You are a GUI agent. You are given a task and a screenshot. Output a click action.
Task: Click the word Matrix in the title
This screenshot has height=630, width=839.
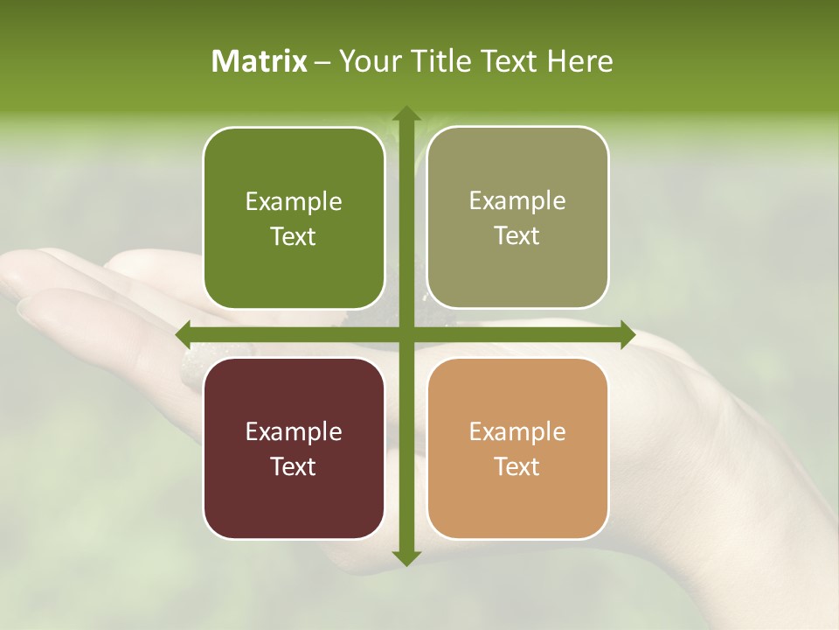[260, 61]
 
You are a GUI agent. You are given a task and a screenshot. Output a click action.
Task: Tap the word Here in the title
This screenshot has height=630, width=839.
[580, 61]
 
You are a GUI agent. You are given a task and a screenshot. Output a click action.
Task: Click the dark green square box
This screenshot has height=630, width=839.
[294, 219]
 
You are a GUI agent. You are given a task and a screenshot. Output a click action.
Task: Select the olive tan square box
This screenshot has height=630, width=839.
[517, 218]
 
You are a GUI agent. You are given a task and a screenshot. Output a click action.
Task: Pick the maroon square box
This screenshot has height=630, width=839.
[294, 448]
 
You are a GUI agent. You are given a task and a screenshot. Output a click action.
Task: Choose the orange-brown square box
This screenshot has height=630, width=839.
[517, 448]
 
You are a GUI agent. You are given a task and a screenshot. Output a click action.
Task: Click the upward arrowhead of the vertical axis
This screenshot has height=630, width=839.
[406, 115]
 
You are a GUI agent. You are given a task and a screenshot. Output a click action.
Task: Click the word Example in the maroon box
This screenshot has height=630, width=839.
[294, 431]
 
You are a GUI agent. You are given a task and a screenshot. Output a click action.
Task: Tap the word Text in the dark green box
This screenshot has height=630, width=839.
[294, 236]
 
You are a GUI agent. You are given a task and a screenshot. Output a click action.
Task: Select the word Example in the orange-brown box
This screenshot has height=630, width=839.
[517, 431]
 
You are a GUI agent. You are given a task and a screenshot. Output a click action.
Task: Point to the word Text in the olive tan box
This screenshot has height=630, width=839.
[517, 235]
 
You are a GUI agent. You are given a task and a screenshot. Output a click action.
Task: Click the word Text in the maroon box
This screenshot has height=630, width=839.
[294, 466]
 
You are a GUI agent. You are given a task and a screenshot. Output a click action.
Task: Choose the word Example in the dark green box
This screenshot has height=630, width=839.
[294, 202]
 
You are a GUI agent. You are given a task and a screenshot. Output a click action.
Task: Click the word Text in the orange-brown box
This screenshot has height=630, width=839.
[517, 466]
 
